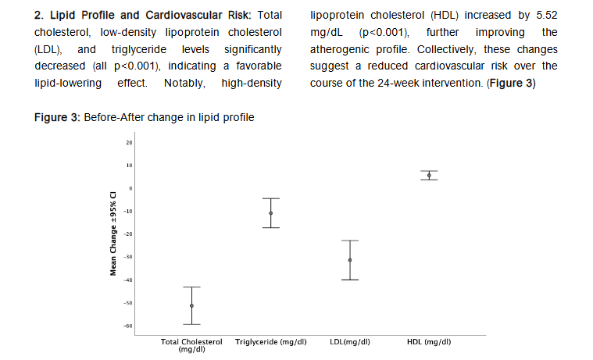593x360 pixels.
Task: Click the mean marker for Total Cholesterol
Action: tap(191, 305)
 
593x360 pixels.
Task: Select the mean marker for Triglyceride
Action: tap(270, 213)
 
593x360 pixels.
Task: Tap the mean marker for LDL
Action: tap(350, 260)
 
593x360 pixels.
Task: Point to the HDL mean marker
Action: tap(429, 176)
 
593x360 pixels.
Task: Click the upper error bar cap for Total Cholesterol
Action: tap(191, 287)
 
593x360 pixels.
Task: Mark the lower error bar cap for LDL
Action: tap(350, 280)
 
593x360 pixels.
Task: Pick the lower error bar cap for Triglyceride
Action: tap(270, 227)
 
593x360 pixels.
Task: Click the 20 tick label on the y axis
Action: tap(130, 143)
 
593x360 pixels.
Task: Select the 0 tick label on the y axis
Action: tap(131, 188)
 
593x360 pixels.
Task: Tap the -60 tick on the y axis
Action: tap(129, 326)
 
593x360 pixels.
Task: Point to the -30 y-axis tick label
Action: tap(129, 257)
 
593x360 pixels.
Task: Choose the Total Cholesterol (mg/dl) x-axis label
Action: tap(191, 344)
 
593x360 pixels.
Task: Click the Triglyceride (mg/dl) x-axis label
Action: tap(270, 342)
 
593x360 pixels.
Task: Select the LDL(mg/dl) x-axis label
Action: tap(350, 342)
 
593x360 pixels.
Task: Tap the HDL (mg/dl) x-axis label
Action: tap(429, 342)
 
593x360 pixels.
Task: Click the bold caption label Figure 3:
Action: tap(62, 117)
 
